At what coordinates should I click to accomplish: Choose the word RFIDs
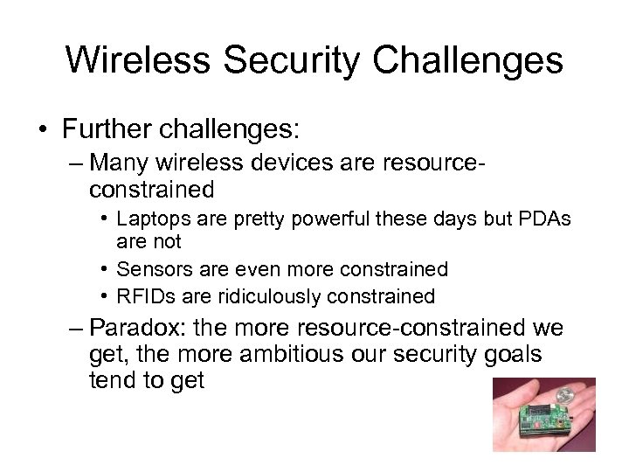[x=143, y=296]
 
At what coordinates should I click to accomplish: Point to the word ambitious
[x=300, y=355]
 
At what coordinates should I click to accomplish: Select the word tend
[x=114, y=380]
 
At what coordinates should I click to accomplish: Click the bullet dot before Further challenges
[x=44, y=130]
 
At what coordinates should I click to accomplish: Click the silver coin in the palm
[x=565, y=396]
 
